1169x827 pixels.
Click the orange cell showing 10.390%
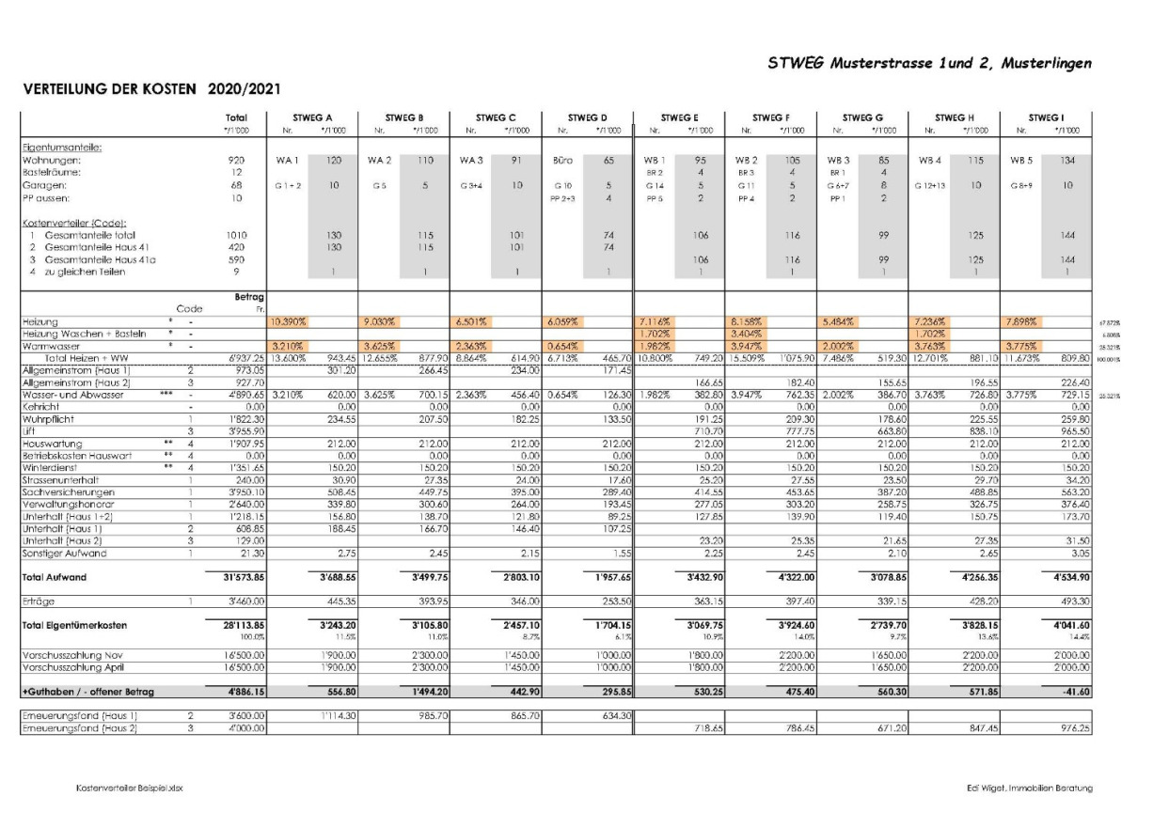pyautogui.click(x=289, y=321)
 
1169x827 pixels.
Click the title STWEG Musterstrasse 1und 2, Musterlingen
pyautogui.click(x=930, y=64)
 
